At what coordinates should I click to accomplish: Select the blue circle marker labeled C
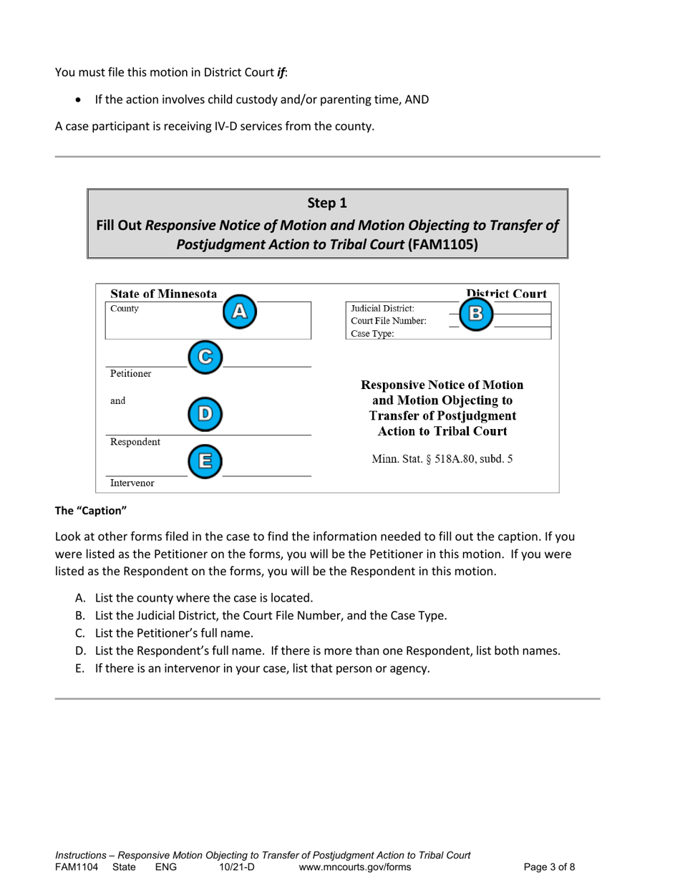(205, 356)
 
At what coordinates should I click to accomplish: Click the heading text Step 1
(327, 203)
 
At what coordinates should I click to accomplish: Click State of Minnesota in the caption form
(164, 294)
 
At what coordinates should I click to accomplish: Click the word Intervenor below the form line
(132, 483)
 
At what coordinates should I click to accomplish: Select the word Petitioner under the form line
(130, 374)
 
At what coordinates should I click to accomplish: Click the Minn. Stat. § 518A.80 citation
(442, 459)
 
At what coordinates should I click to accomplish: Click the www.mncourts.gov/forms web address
(354, 867)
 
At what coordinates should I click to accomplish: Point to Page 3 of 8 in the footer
(549, 867)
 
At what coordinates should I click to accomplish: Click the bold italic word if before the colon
(281, 72)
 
